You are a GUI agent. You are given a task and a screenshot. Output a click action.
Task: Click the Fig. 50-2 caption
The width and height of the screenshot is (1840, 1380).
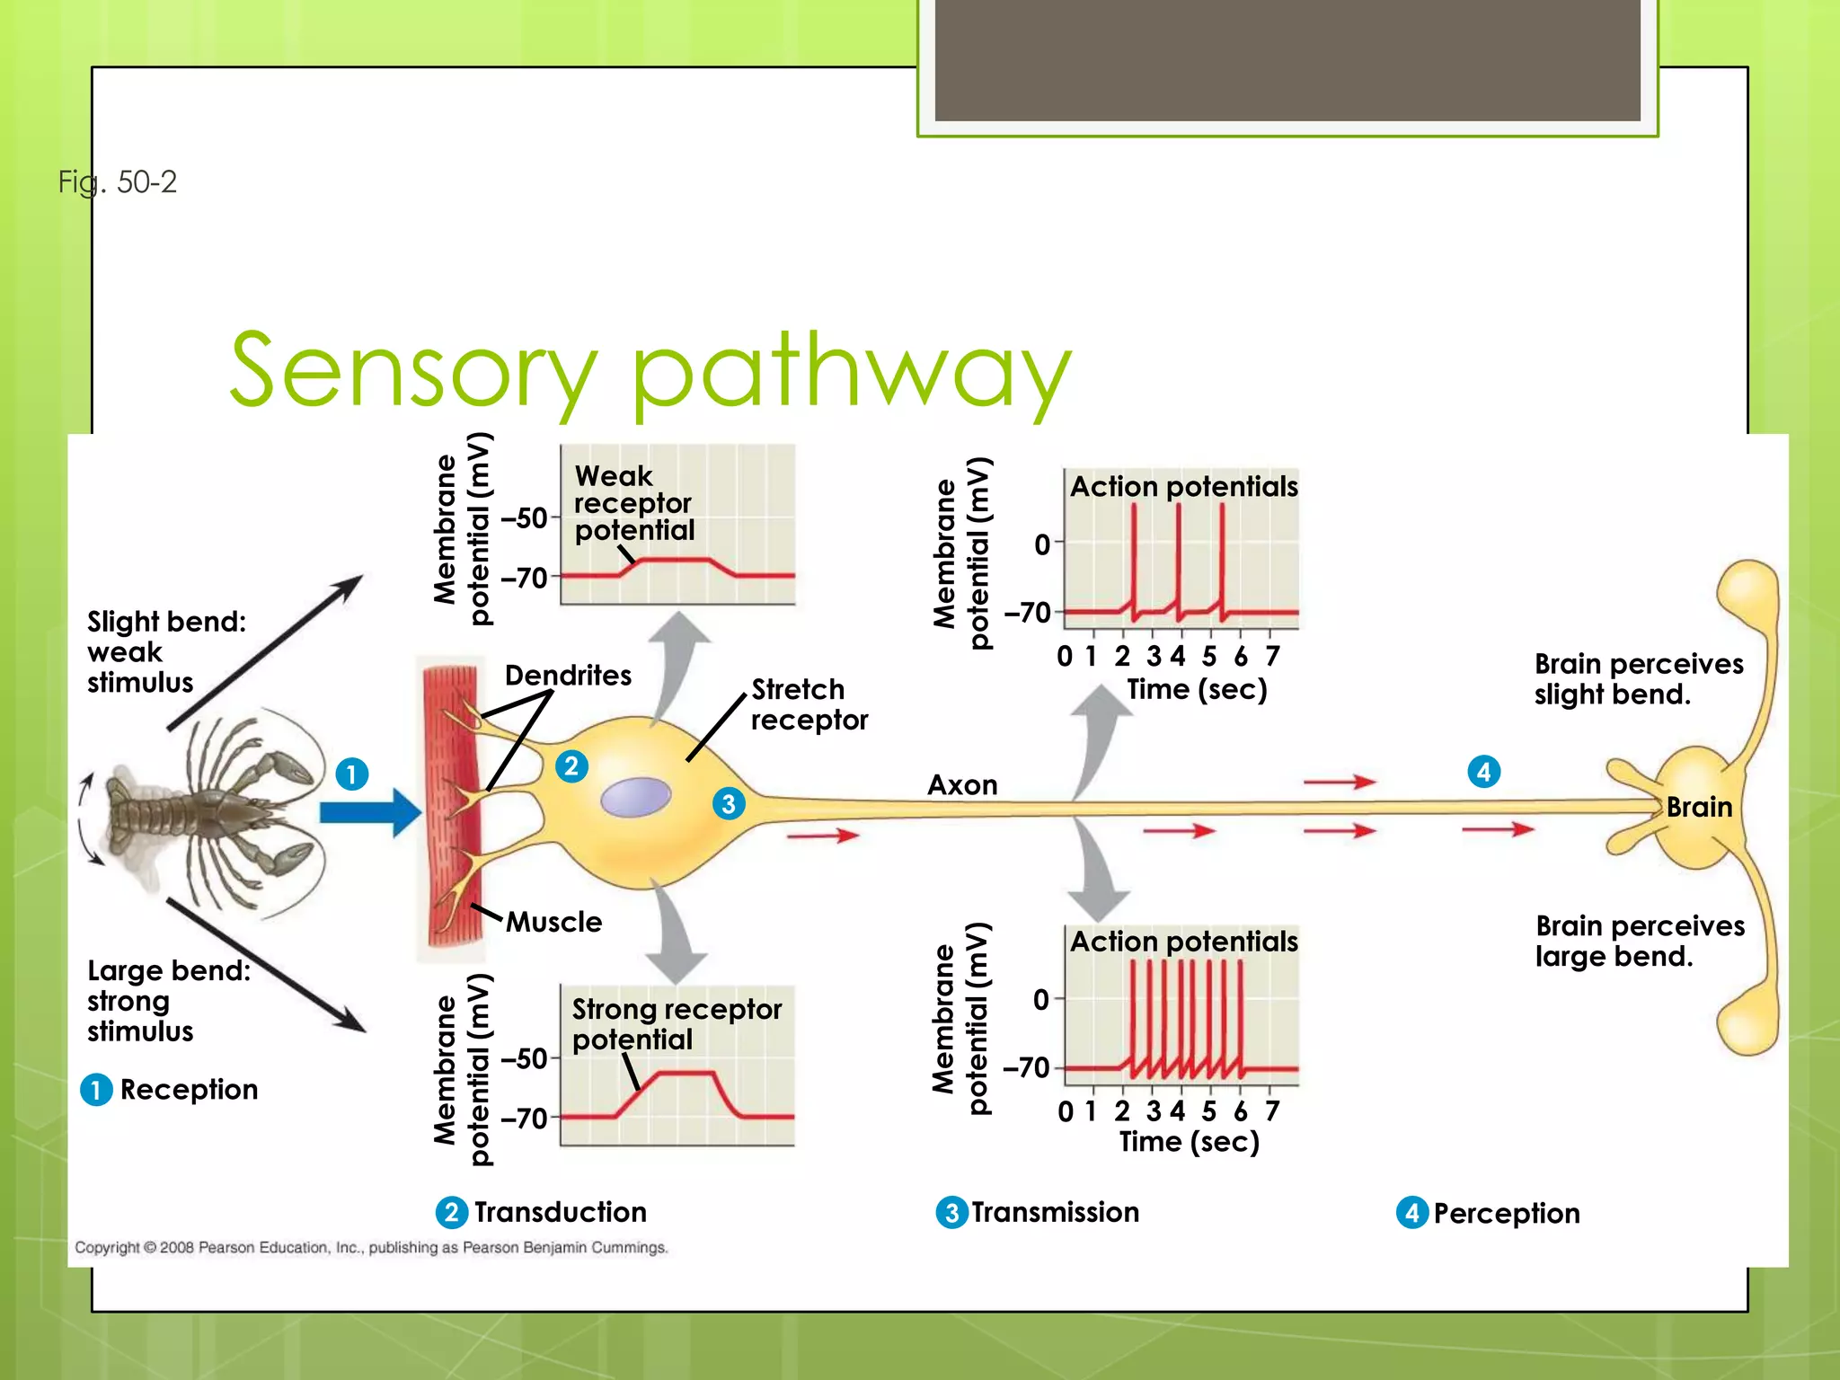coord(118,182)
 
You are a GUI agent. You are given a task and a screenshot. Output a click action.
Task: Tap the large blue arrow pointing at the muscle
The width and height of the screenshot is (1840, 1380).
coord(369,812)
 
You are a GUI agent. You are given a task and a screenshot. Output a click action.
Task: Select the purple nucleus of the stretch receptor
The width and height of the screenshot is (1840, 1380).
coord(636,797)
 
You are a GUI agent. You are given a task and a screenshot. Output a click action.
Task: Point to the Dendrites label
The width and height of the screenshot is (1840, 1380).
coord(568,676)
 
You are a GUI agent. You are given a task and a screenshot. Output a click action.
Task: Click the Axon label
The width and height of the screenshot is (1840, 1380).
coord(962,785)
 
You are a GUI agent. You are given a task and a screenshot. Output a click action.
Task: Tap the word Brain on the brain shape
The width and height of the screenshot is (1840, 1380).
coord(1699,807)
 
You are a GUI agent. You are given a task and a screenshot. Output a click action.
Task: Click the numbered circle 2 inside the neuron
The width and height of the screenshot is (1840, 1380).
coord(571,766)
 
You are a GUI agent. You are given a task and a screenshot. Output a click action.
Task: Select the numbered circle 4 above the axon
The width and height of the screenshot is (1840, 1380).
coord(1484,771)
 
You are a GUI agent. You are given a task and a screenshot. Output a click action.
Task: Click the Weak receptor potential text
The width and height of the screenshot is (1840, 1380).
coord(633,503)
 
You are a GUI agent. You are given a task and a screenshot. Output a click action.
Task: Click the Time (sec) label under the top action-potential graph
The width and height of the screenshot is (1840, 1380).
coord(1197,690)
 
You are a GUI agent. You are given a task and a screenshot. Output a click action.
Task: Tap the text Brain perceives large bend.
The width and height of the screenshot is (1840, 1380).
coord(1640,941)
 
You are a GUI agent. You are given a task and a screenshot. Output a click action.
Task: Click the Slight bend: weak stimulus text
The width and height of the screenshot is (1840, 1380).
coord(165,651)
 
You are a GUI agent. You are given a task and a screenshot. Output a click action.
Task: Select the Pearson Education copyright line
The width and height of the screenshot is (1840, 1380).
coord(371,1248)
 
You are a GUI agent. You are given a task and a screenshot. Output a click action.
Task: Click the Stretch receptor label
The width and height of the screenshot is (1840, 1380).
coord(809,704)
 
